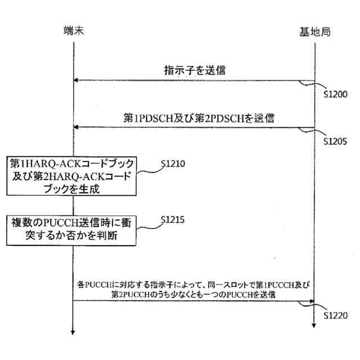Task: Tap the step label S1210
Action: (x=173, y=164)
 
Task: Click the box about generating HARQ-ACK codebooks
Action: (x=73, y=176)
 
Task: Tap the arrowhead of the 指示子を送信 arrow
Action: (x=77, y=80)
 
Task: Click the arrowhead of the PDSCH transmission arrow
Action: (x=77, y=128)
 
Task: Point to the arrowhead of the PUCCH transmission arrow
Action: (x=310, y=301)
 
